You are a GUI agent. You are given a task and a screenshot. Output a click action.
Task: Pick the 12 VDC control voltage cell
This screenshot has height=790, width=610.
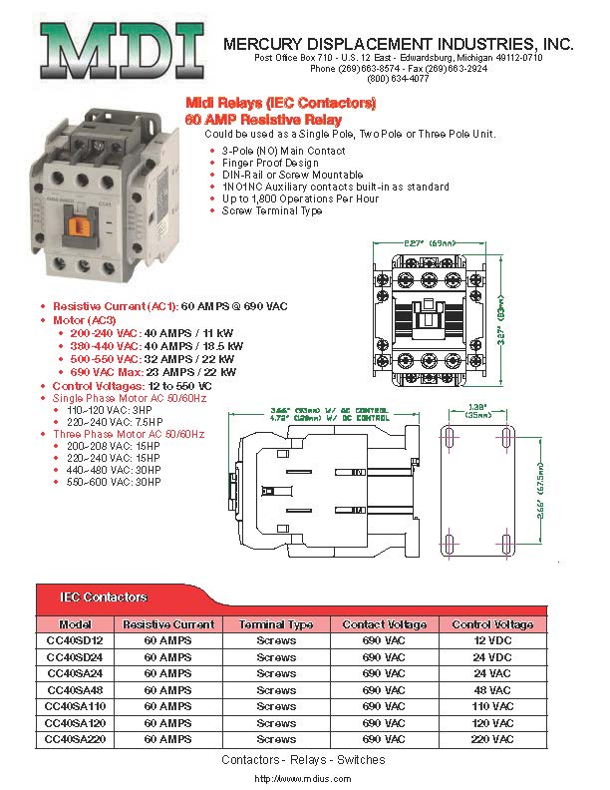pyautogui.click(x=492, y=641)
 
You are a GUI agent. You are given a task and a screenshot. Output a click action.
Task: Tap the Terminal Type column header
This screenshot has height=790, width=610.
pyautogui.click(x=276, y=625)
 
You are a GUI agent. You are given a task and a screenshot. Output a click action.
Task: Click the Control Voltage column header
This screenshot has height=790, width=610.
pyautogui.click(x=492, y=625)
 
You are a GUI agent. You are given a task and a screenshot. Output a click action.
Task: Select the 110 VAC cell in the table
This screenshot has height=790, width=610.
pyautogui.click(x=492, y=706)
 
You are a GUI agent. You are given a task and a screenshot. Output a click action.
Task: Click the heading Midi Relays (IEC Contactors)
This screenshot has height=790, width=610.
pyautogui.click(x=281, y=104)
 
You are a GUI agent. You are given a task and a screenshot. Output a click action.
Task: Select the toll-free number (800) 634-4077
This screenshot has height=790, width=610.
pyautogui.click(x=398, y=79)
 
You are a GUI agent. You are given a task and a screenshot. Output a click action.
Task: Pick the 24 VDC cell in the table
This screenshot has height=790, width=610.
pyautogui.click(x=492, y=657)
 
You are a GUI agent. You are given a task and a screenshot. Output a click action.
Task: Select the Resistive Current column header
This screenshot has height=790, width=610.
pyautogui.click(x=168, y=625)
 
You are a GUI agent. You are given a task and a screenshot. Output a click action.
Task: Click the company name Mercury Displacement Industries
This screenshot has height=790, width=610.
pyautogui.click(x=399, y=45)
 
